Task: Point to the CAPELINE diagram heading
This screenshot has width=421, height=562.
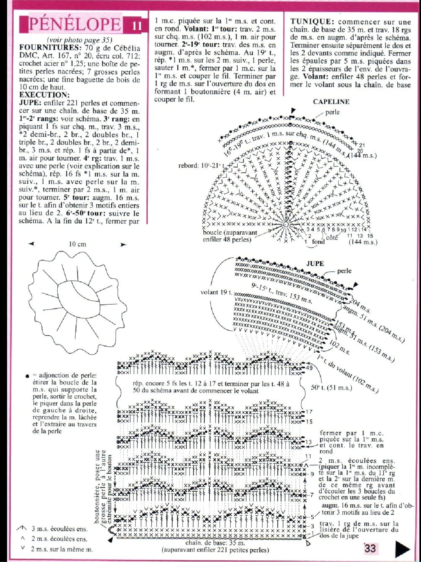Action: [331, 102]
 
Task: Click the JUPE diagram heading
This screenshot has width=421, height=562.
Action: [315, 264]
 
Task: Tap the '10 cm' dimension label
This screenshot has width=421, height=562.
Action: [77, 244]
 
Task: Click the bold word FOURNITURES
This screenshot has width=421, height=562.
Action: [45, 47]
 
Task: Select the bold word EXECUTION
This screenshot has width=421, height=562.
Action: [44, 95]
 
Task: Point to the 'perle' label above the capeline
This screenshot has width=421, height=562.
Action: [332, 112]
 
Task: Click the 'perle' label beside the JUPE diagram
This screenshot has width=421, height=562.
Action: [344, 271]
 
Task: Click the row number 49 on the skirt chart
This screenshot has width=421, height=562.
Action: [309, 368]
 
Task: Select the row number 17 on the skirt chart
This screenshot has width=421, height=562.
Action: [309, 412]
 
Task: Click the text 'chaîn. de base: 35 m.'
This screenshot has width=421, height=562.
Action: [215, 543]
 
